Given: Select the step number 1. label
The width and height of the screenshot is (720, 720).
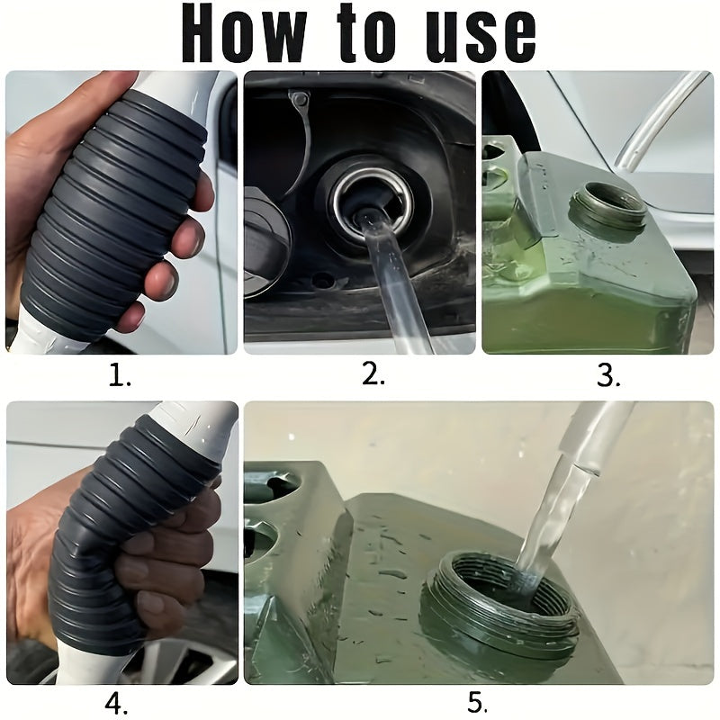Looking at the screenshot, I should [x=121, y=376].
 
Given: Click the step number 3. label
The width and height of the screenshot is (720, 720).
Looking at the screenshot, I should [x=609, y=376].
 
